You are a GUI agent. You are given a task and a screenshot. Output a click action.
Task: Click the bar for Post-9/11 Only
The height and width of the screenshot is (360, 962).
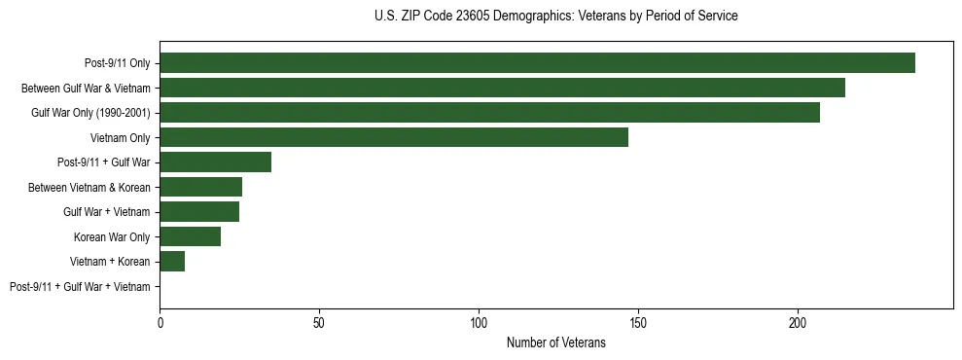(537, 63)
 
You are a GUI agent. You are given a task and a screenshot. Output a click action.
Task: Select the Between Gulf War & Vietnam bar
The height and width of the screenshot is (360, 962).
(502, 88)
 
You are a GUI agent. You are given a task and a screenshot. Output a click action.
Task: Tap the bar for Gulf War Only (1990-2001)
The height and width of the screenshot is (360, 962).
(489, 113)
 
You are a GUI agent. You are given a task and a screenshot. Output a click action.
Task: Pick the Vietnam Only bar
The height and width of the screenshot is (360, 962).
(394, 137)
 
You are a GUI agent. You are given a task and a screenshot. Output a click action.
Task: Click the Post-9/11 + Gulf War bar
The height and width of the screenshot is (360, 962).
(215, 162)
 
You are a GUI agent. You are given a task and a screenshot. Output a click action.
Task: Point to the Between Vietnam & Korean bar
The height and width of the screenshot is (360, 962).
(200, 187)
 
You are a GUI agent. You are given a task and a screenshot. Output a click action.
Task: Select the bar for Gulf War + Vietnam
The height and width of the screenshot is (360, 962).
(199, 212)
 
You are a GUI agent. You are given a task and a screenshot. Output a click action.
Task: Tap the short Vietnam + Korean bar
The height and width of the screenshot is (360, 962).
(172, 262)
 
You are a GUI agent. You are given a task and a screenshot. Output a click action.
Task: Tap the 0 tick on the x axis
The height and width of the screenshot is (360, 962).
(160, 322)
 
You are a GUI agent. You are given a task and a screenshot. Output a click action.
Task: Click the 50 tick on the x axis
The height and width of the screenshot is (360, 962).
(319, 322)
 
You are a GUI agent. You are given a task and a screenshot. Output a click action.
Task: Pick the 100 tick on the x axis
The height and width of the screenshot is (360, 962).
(479, 322)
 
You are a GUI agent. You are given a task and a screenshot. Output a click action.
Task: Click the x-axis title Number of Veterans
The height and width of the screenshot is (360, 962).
(555, 343)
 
